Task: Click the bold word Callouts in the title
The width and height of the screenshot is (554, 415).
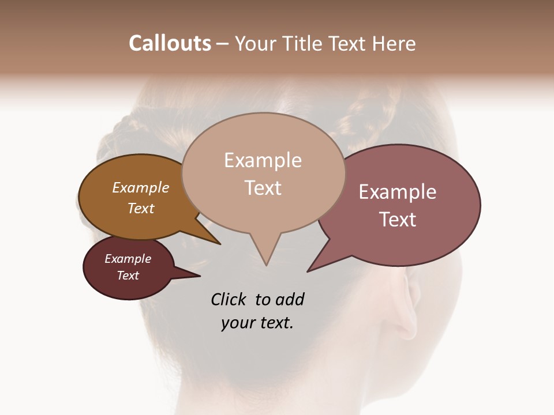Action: point(170,43)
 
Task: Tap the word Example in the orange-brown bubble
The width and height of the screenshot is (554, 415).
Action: point(141,188)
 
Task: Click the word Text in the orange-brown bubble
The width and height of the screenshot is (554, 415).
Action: point(141,209)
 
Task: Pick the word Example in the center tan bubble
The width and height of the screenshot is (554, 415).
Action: point(263,160)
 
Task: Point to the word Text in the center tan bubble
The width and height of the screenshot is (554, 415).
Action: point(263,188)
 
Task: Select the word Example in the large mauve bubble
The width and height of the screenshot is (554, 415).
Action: point(398,192)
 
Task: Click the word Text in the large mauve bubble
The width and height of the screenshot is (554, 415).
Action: point(398,220)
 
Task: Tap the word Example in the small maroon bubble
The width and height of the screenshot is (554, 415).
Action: point(128,259)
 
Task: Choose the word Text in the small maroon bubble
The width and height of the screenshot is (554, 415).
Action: point(128,276)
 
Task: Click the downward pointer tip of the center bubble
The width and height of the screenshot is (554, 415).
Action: point(266,265)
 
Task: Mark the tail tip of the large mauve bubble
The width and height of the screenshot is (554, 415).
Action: point(308,271)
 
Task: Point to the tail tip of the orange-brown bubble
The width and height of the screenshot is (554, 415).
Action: point(220,244)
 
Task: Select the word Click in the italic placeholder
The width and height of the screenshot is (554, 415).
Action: point(229,300)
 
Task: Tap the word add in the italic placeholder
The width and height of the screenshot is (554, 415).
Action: point(290,300)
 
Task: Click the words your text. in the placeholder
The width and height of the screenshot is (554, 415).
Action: point(257,323)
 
